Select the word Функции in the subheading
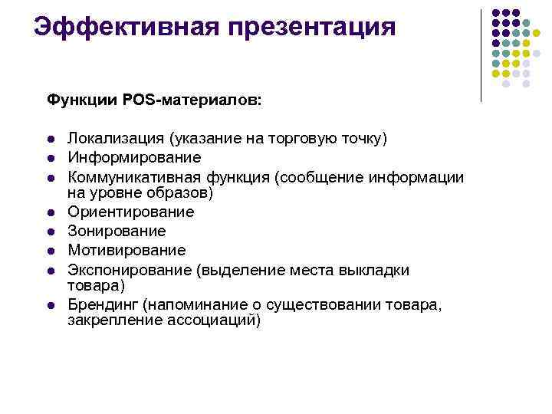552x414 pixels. [x=77, y=100]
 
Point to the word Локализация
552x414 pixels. [x=116, y=139]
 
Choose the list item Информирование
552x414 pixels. [x=134, y=157]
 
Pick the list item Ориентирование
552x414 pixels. [x=130, y=212]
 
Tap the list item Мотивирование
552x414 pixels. [x=127, y=250]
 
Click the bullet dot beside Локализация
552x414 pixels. [x=50, y=140]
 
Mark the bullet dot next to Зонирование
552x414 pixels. [x=50, y=232]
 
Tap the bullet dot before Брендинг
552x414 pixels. [x=50, y=306]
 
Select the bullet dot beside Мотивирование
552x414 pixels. [x=50, y=251]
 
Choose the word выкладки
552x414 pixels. [x=376, y=270]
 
